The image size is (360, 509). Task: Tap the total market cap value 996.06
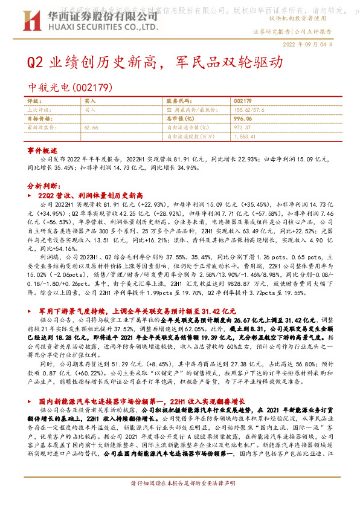pos(243,119)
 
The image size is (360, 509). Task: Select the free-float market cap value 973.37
pos(242,128)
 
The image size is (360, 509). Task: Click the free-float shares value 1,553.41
pos(245,137)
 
